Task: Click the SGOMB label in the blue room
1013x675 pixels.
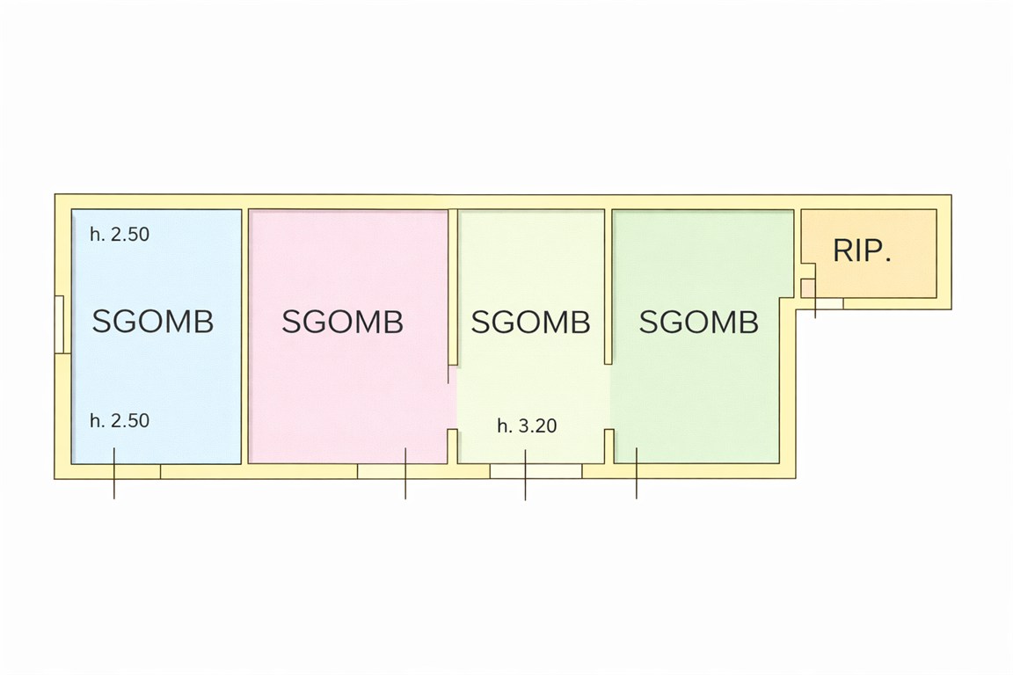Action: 152,321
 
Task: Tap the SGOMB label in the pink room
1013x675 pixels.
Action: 342,321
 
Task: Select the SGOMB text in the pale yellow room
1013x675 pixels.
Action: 530,322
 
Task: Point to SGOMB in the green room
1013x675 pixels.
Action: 699,322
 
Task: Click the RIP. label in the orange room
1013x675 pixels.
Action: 863,250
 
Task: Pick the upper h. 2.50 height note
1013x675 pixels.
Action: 120,234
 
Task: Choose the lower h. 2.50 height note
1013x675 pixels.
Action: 120,420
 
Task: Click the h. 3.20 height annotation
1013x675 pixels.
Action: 528,425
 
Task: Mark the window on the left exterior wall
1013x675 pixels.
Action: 59,324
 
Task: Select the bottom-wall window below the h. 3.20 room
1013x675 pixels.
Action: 536,471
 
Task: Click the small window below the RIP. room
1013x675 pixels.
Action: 829,303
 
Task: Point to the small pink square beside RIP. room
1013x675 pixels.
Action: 808,287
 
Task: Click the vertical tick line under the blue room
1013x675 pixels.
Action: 114,474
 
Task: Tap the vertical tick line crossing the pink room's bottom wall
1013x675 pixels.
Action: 405,474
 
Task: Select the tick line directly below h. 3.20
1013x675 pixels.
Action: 525,475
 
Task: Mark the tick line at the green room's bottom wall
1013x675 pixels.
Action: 637,474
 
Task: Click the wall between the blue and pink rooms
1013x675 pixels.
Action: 244,336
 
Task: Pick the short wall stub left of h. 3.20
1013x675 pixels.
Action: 453,446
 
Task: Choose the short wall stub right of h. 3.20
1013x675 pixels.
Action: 609,446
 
